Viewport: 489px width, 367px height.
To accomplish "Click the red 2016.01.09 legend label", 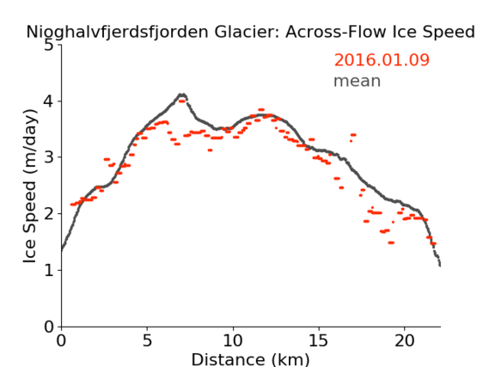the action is coord(382,60).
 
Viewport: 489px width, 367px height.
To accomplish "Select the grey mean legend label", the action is coord(358,81).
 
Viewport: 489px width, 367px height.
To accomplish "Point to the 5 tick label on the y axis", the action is coord(49,46).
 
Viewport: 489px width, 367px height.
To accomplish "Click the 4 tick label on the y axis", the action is coord(49,101).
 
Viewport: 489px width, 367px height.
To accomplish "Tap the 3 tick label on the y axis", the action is coord(49,157).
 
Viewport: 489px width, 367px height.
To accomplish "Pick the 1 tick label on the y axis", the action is coord(49,271).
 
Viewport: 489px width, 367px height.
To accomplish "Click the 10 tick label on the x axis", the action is coord(233,340).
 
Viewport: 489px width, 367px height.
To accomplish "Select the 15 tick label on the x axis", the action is coord(319,340).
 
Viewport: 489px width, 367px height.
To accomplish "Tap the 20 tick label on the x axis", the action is coord(405,340).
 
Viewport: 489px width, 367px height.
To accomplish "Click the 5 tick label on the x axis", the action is coord(147,340).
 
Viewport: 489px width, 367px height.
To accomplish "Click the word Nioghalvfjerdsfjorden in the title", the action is coord(117,32).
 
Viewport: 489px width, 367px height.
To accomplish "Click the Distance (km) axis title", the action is coord(250,359).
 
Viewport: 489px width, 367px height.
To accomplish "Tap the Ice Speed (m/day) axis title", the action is coord(30,187).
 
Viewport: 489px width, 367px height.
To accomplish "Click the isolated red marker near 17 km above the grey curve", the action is coord(353,135).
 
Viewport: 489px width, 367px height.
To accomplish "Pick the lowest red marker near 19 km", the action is coord(391,242).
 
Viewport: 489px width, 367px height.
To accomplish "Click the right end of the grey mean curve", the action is coord(440,266).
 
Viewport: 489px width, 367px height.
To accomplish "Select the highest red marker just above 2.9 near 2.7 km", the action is coord(107,159).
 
